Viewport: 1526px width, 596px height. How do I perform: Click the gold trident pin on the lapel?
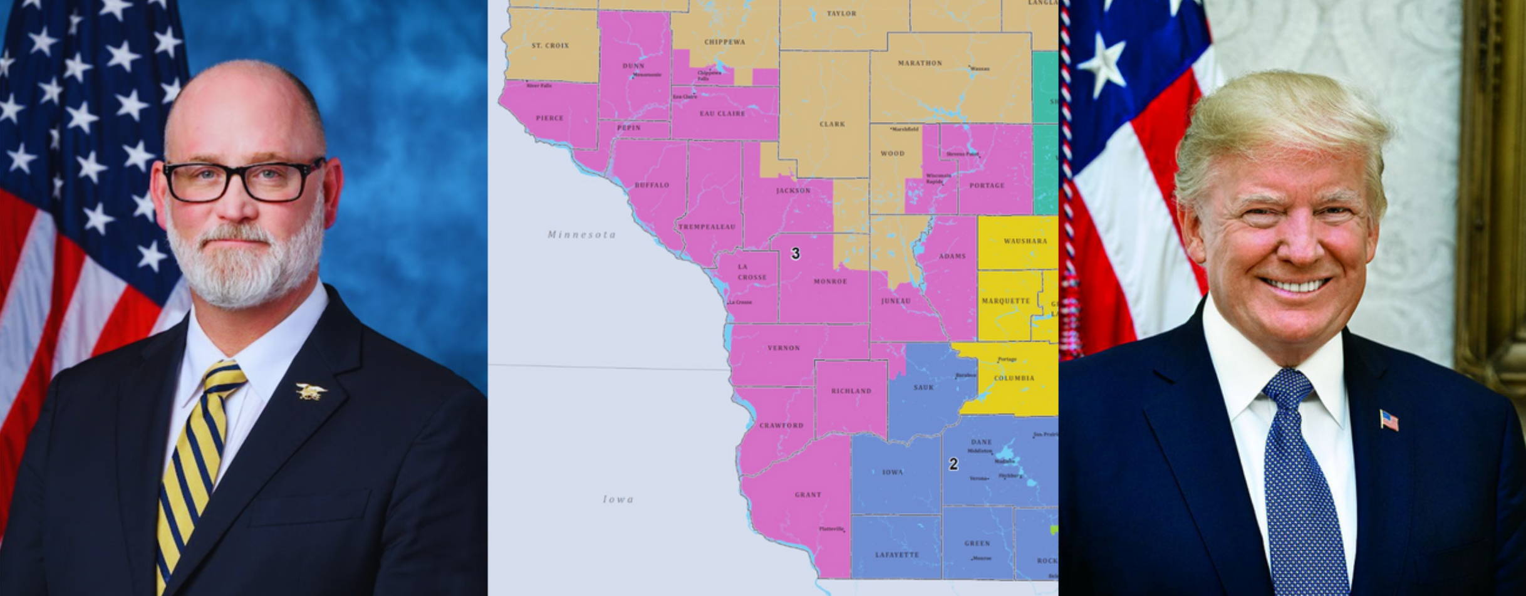[x=311, y=392]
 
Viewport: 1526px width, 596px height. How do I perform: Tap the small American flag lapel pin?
[x=1388, y=420]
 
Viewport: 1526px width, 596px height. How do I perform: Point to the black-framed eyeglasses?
[x=243, y=181]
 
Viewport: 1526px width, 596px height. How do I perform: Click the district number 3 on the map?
[x=795, y=254]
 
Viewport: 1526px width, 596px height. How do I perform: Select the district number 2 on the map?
[x=953, y=464]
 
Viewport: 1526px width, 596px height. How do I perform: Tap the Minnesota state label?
[x=581, y=235]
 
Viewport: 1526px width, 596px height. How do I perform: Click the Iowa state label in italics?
[x=618, y=499]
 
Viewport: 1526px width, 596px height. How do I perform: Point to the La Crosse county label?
[x=751, y=272]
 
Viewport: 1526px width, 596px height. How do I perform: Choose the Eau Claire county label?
[x=722, y=113]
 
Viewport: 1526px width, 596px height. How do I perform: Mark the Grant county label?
[x=807, y=494]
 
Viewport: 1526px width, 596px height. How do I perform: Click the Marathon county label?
[x=920, y=63]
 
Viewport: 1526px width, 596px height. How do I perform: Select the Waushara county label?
[x=1025, y=241]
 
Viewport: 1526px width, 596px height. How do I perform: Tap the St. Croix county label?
[x=550, y=46]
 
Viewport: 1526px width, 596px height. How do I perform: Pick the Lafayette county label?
[x=897, y=555]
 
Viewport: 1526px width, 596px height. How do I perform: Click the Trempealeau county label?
[x=707, y=227]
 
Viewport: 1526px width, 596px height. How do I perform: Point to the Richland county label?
[x=851, y=391]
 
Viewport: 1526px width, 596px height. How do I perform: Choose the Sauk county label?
[x=923, y=387]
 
